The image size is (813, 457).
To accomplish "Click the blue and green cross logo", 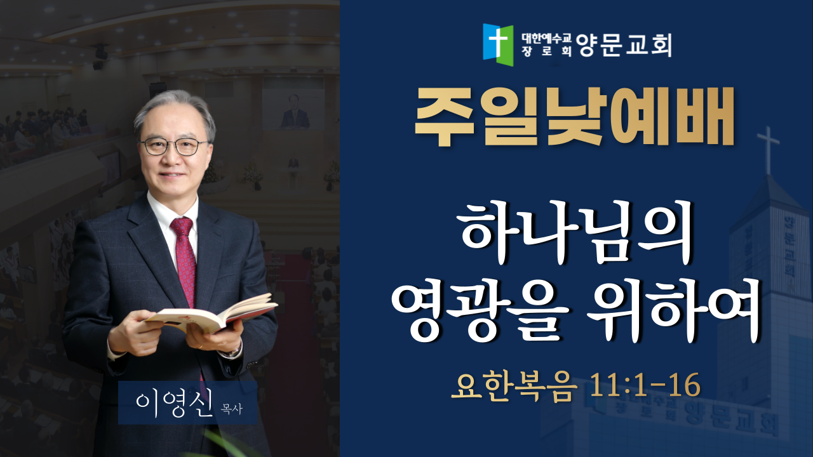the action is pyautogui.click(x=498, y=44).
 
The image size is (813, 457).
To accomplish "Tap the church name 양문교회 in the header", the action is pyautogui.click(x=624, y=45).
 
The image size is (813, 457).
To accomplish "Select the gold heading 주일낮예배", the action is pyautogui.click(x=574, y=117).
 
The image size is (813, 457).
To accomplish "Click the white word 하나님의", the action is pyautogui.click(x=575, y=233).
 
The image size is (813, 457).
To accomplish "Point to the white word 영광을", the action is pyautogui.click(x=480, y=310).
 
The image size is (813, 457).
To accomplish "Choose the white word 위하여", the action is pyautogui.click(x=674, y=310).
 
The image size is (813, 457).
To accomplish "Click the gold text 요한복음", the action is pyautogui.click(x=514, y=387).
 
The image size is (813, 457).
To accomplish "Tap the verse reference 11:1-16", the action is pyautogui.click(x=645, y=385).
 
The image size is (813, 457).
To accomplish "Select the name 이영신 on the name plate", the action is pyautogui.click(x=174, y=403).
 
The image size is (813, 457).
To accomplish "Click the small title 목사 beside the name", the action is pyautogui.click(x=232, y=409).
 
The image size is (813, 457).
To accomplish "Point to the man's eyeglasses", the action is pyautogui.click(x=173, y=147).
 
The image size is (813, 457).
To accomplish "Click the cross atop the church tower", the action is pyautogui.click(x=768, y=150).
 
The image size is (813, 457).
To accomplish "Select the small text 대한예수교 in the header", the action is pyautogui.click(x=547, y=37).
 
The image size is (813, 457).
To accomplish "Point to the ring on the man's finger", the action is pyautogui.click(x=201, y=347).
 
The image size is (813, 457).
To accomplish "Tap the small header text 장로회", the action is pyautogui.click(x=547, y=51).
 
